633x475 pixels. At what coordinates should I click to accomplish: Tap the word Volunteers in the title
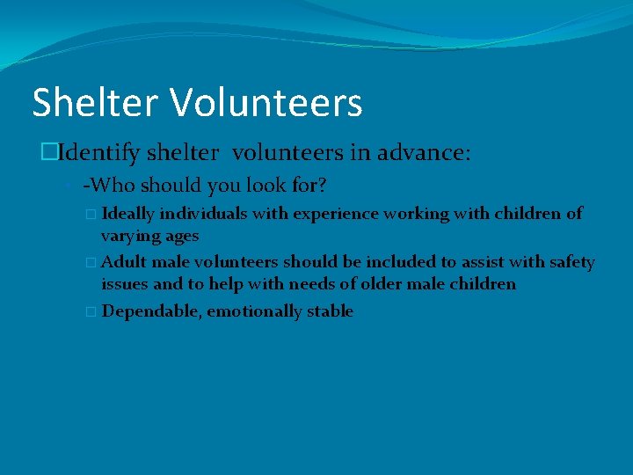(266, 102)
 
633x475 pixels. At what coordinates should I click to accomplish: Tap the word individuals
(201, 213)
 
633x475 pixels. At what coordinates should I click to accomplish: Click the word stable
(329, 311)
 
